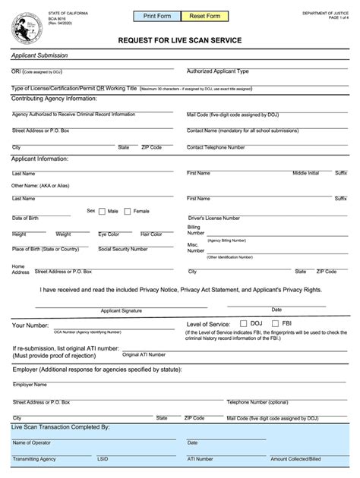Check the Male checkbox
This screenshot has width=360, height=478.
[102, 211]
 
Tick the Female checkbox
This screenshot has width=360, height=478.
[128, 211]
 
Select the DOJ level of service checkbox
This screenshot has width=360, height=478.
[244, 323]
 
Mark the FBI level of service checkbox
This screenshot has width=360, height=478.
[276, 323]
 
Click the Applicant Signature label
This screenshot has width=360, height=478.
[122, 310]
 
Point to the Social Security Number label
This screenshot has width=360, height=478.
[123, 249]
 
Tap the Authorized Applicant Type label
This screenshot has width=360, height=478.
[218, 71]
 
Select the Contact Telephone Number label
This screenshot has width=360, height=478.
[216, 147]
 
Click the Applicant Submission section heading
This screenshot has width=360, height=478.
[39, 55]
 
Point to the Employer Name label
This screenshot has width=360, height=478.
[30, 385]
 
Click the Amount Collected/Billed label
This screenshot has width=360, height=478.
[296, 459]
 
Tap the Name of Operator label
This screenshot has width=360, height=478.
[31, 442]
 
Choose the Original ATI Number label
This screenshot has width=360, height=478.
[144, 354]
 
